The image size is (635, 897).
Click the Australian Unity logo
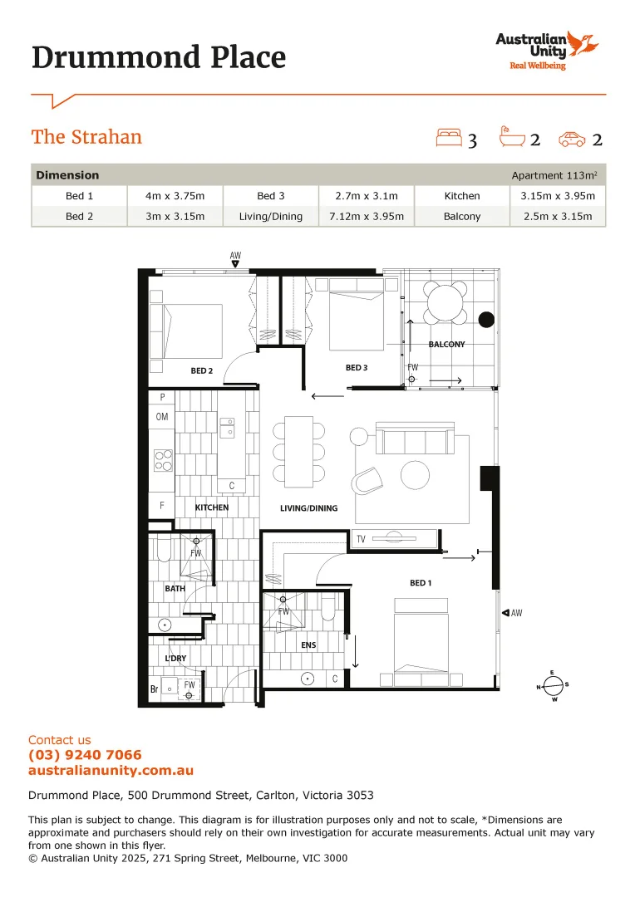tap(546, 50)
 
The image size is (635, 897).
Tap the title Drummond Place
tap(158, 57)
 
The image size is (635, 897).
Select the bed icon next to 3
tap(449, 138)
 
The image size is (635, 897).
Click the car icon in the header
tap(572, 139)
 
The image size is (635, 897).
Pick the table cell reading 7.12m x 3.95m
tap(367, 217)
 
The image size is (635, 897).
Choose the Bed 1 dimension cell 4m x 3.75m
tap(174, 196)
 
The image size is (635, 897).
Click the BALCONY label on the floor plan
tap(446, 344)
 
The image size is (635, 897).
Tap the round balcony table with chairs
tap(446, 302)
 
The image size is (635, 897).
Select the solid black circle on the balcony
tap(486, 319)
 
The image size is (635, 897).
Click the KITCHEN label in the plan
tap(211, 507)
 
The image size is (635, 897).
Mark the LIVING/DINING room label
tap(309, 508)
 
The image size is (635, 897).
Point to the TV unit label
tap(361, 540)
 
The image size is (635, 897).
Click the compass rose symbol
tap(553, 686)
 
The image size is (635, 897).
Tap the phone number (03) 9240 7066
tap(85, 755)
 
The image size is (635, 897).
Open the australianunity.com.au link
tap(111, 771)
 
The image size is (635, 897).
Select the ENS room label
tap(308, 645)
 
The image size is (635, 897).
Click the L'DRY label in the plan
tap(175, 659)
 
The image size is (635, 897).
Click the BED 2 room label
tap(202, 370)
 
